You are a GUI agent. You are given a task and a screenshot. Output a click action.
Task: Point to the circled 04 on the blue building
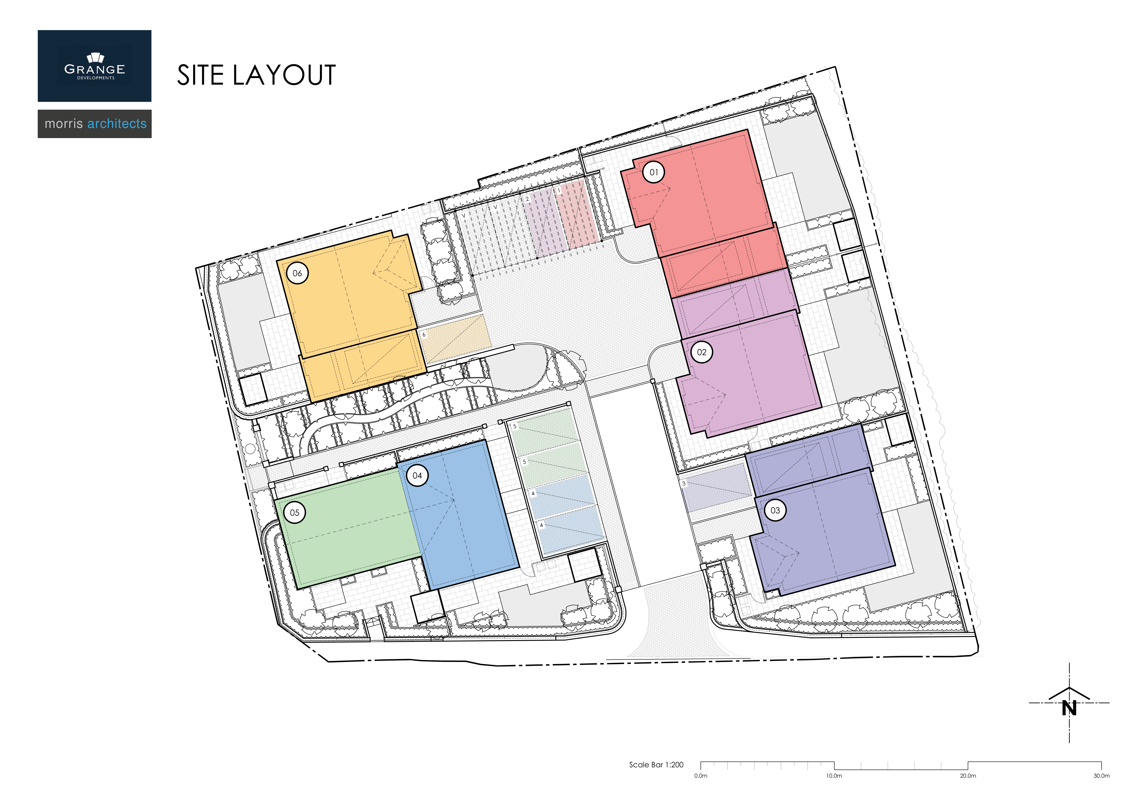[x=417, y=476]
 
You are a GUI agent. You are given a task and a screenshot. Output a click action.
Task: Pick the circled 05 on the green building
[x=294, y=513]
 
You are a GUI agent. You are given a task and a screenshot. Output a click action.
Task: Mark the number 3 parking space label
[x=684, y=483]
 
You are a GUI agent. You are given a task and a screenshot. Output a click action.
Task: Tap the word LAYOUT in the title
[x=284, y=75]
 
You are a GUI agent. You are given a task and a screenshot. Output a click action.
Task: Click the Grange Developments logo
[x=94, y=66]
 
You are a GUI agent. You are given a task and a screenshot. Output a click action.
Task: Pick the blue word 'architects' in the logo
[x=117, y=124]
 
